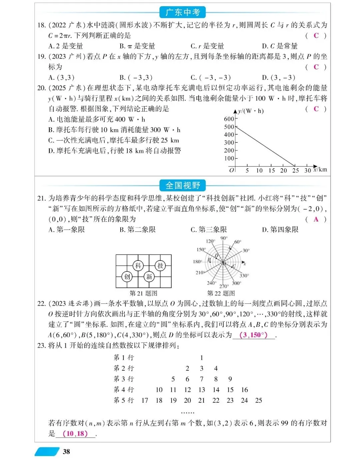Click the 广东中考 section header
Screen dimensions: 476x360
(x=183, y=13)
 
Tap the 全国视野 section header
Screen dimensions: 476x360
(x=183, y=186)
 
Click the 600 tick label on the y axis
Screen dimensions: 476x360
(x=229, y=119)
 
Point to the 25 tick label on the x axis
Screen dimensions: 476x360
(x=296, y=171)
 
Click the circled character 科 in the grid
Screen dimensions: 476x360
(x=138, y=265)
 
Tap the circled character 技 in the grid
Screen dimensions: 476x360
(x=160, y=265)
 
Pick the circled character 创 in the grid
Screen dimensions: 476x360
(x=127, y=276)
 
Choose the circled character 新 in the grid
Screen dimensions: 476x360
(x=149, y=276)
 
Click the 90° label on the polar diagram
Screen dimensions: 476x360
(x=224, y=238)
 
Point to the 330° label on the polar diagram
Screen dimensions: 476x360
(x=244, y=275)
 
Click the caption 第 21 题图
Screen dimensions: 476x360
(x=143, y=293)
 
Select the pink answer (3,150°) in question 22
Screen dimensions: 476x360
(x=253, y=335)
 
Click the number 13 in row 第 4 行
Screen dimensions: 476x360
(x=202, y=390)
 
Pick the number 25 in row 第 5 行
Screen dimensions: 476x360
(x=259, y=400)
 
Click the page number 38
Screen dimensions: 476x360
(x=66, y=452)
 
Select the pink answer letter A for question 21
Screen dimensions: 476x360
(x=316, y=219)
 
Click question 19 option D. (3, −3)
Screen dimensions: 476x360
(x=278, y=78)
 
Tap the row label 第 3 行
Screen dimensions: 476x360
(x=124, y=379)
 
